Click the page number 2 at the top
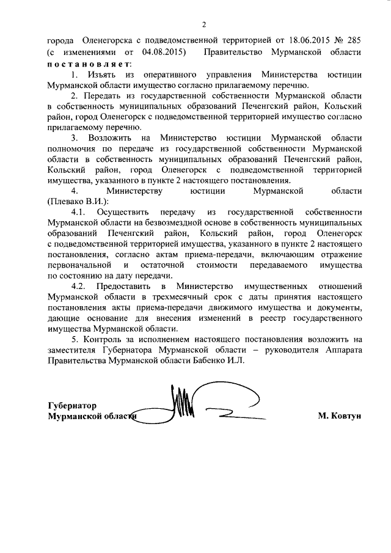pyautogui.click(x=205, y=24)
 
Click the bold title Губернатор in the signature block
pyautogui.click(x=72, y=406)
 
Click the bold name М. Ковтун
pyautogui.click(x=340, y=417)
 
